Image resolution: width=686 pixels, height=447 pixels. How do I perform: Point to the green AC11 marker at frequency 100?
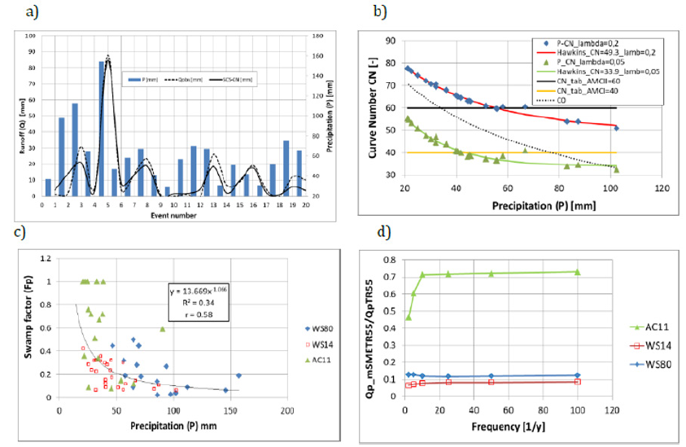[x=577, y=271]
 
